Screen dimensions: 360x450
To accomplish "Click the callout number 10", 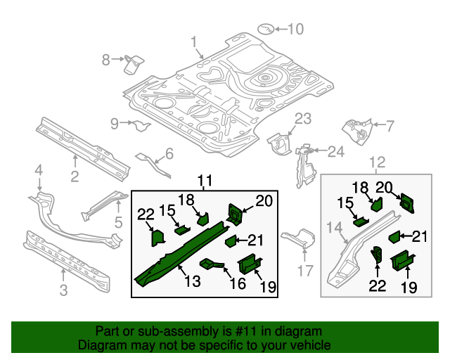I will point(296,30).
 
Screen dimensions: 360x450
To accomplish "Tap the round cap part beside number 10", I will point(265,29).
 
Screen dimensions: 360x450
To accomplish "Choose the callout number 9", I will point(115,124).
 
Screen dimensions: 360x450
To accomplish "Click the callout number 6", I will point(169,154).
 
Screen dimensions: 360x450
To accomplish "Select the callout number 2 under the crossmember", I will point(75,176).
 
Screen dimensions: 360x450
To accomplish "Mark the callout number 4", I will point(39,169).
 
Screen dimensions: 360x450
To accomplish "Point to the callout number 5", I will point(118,223).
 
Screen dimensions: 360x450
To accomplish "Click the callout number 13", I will point(192,281).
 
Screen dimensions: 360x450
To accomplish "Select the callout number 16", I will point(238,283).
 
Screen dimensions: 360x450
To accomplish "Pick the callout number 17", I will point(304,271).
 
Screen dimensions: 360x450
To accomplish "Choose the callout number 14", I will point(333,227).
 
